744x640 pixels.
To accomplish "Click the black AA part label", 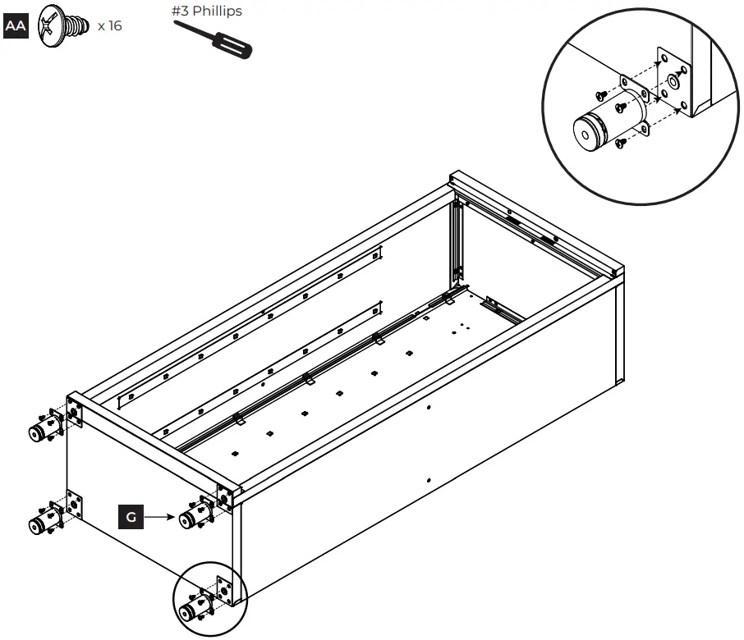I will (x=16, y=26).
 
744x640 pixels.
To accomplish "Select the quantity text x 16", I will (x=109, y=26).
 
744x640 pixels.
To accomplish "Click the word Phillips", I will (x=218, y=11).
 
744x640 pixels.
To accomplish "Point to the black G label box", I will (x=131, y=517).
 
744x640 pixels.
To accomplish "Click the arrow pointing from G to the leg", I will (x=160, y=517).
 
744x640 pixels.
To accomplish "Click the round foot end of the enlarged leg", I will (x=586, y=134).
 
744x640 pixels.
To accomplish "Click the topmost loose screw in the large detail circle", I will (x=601, y=97).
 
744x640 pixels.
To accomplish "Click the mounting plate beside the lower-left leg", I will (x=75, y=505).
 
